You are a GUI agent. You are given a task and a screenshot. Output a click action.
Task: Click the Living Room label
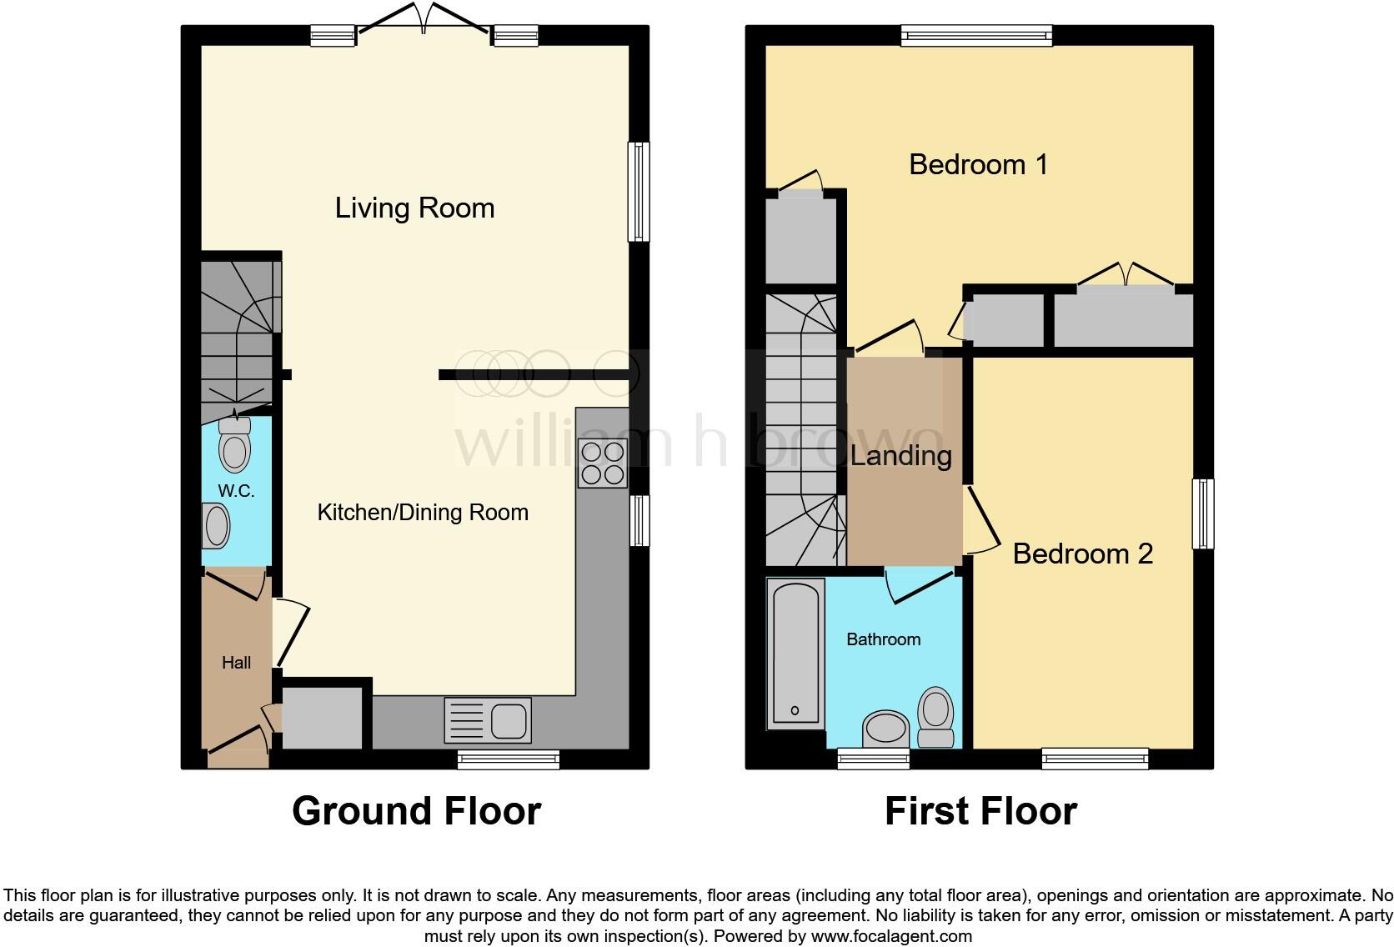pos(414,208)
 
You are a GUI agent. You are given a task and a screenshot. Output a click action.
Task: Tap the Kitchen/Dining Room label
pos(423,512)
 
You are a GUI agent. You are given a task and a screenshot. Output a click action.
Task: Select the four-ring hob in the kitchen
pos(603,463)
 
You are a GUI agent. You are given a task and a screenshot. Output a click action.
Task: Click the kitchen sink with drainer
pos(488,719)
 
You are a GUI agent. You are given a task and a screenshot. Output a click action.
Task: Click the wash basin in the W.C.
pos(216,527)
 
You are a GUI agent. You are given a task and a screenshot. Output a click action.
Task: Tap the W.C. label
pos(236,491)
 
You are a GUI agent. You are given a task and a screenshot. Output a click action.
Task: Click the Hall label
pos(236,663)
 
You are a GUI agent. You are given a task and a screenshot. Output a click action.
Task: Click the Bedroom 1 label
pos(978,164)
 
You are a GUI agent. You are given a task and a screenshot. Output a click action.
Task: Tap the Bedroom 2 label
pos(1082,554)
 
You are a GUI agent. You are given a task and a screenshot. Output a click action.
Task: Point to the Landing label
pos(901,455)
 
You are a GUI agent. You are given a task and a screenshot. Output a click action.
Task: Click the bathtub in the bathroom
pos(795,653)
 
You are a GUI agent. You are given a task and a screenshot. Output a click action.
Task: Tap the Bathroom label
pos(883,639)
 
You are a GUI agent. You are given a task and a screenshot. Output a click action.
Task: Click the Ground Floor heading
pos(416,810)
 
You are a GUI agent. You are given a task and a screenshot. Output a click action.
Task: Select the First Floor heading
pos(980,810)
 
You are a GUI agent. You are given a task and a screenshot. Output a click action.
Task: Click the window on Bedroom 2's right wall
pos(1202,514)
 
